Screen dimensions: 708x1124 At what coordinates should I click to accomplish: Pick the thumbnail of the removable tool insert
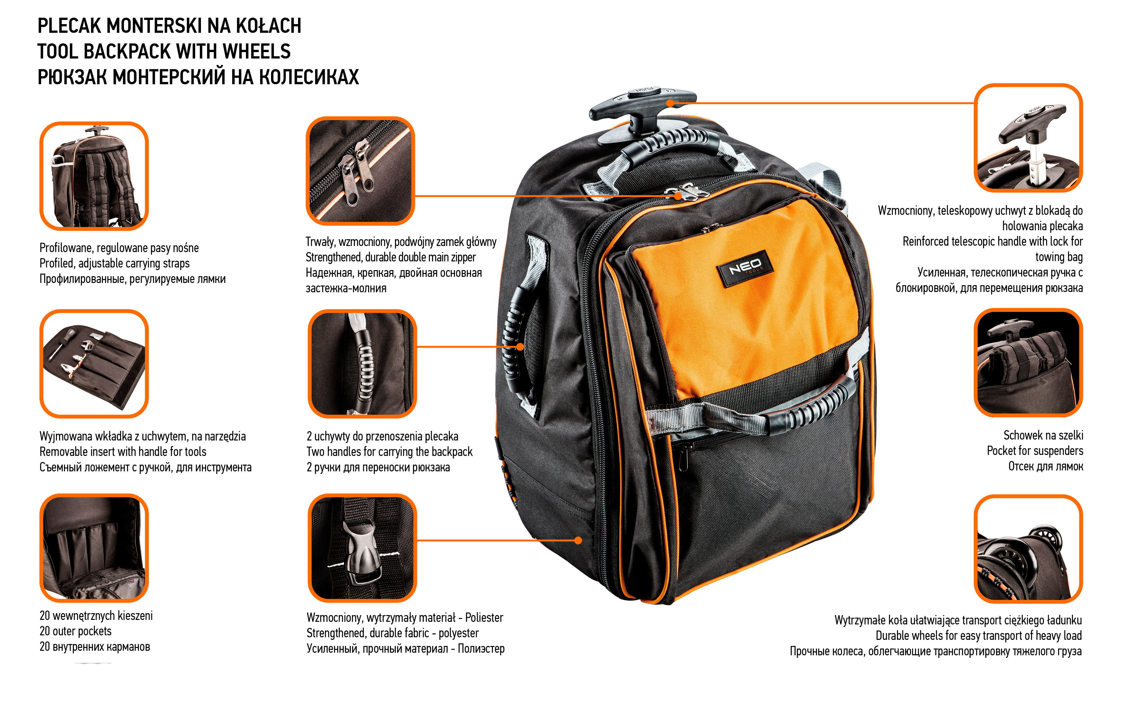point(94,364)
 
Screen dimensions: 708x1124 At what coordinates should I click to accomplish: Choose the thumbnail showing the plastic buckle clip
point(362,548)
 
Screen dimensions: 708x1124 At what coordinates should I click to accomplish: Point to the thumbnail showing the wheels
point(1028,549)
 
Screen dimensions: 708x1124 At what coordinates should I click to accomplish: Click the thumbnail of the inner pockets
point(94,548)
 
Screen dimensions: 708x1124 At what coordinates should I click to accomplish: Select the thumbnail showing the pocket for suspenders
point(1028,363)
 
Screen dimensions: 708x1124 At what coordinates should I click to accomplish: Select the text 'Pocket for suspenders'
point(1035,451)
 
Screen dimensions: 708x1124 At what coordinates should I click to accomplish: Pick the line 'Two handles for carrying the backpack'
point(389,452)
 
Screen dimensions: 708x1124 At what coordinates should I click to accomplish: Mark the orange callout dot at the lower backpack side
point(578,540)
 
